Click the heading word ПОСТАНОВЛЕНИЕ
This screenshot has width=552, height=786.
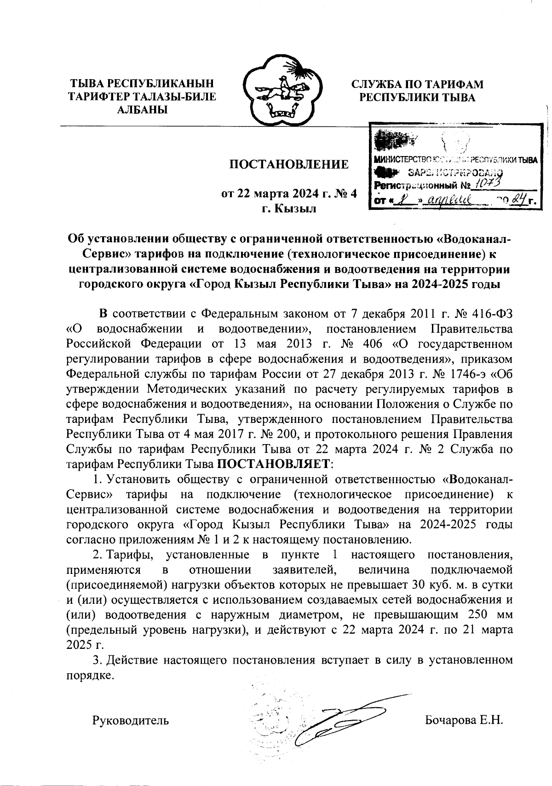coord(289,165)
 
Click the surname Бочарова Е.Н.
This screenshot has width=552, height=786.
coord(465,720)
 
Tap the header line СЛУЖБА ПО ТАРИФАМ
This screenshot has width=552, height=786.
coord(418,84)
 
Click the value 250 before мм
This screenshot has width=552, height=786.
coord(479,615)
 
